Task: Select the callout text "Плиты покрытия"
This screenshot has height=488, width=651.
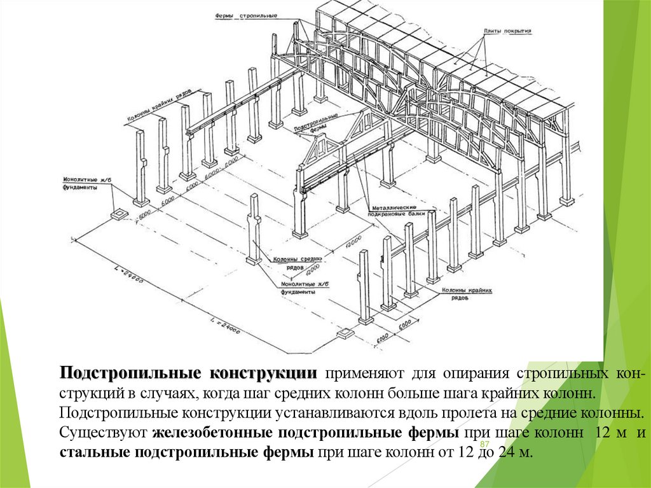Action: (507, 31)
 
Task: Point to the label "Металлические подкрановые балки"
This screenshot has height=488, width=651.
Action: (394, 211)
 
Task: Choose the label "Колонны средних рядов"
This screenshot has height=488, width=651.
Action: (297, 263)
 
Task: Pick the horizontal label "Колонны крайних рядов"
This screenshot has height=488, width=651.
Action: (467, 293)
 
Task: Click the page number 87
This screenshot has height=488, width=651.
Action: (484, 443)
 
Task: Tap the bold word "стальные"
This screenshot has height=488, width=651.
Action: (91, 454)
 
